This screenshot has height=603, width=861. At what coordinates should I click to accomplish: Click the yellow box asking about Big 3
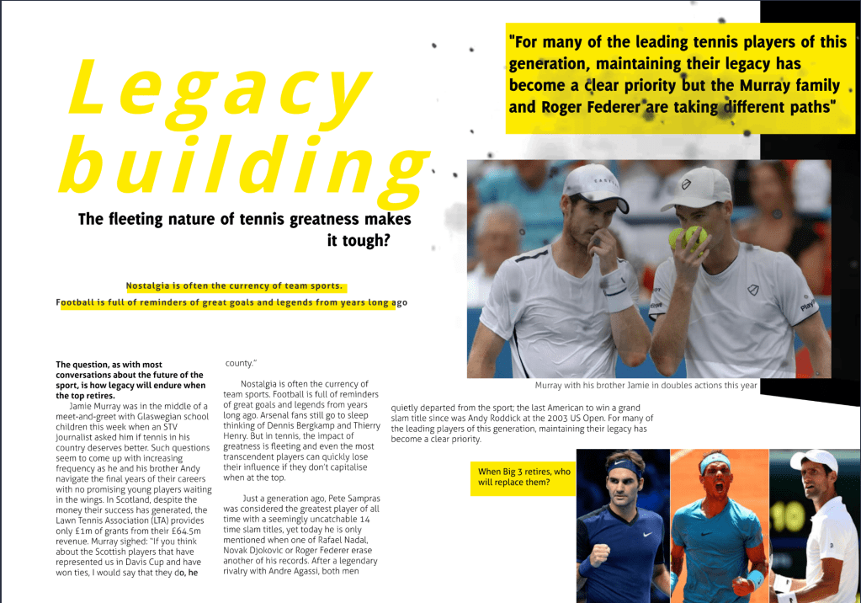[524, 478]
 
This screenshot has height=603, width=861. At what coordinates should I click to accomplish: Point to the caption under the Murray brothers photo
[646, 386]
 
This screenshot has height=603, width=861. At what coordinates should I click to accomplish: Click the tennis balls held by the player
[688, 237]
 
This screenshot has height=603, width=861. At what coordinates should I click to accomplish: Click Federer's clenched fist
[598, 556]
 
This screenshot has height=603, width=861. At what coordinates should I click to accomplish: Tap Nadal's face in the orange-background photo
[716, 476]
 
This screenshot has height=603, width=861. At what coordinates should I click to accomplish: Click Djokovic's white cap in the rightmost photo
[816, 461]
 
